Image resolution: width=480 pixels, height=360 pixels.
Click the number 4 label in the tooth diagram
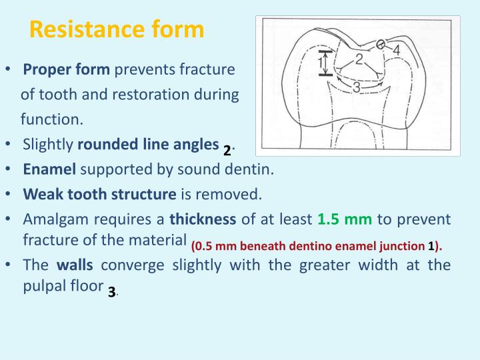(x=396, y=50)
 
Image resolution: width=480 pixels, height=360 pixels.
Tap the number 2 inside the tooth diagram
(x=359, y=60)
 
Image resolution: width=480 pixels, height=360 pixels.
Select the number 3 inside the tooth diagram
(x=357, y=87)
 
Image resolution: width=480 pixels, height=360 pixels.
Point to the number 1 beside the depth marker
(x=320, y=64)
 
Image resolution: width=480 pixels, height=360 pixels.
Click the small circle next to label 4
(x=381, y=45)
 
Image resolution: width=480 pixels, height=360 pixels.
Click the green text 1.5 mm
(x=345, y=219)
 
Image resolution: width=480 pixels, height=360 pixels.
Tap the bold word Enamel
(x=50, y=169)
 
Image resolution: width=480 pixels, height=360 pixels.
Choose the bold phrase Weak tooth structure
(x=99, y=194)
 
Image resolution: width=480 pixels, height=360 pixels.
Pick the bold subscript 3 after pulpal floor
(x=111, y=291)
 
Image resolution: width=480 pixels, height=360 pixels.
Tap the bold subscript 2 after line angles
(x=227, y=150)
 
